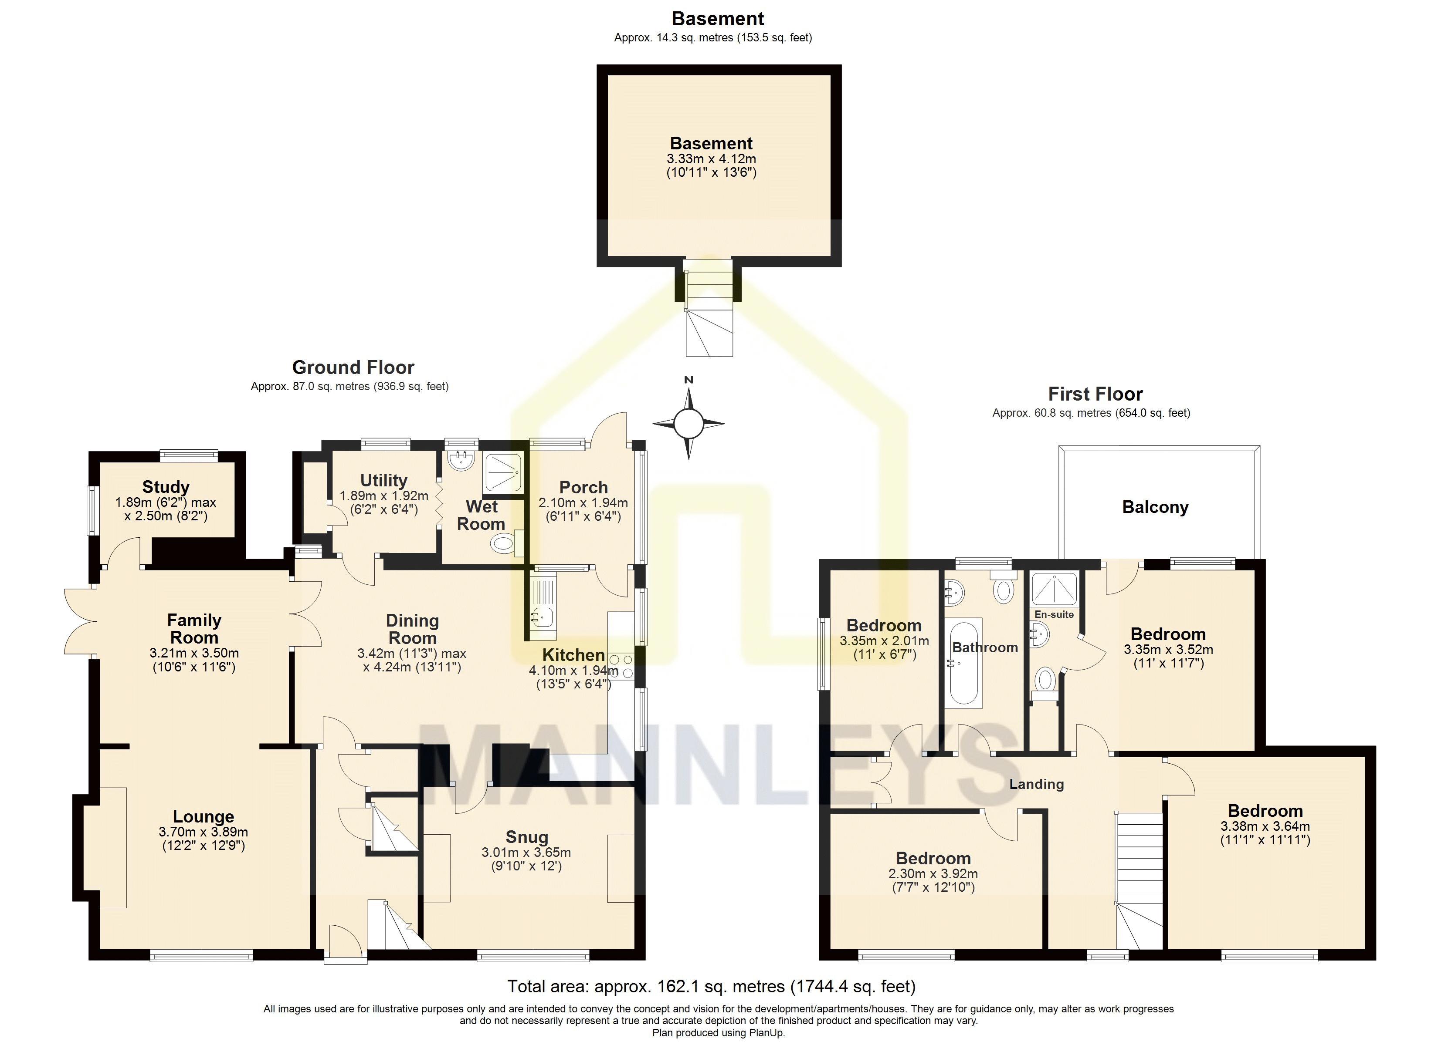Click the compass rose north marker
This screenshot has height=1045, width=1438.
click(688, 380)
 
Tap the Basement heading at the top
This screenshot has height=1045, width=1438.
click(718, 18)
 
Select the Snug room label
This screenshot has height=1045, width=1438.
click(527, 837)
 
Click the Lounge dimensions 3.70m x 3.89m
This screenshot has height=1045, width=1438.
click(203, 832)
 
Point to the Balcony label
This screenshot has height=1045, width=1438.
click(1155, 507)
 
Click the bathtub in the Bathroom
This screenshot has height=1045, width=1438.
click(965, 663)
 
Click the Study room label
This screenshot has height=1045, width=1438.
click(166, 487)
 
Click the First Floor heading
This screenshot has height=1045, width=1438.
click(1095, 394)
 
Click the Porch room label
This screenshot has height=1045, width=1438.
click(583, 487)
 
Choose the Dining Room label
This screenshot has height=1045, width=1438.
click(412, 629)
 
